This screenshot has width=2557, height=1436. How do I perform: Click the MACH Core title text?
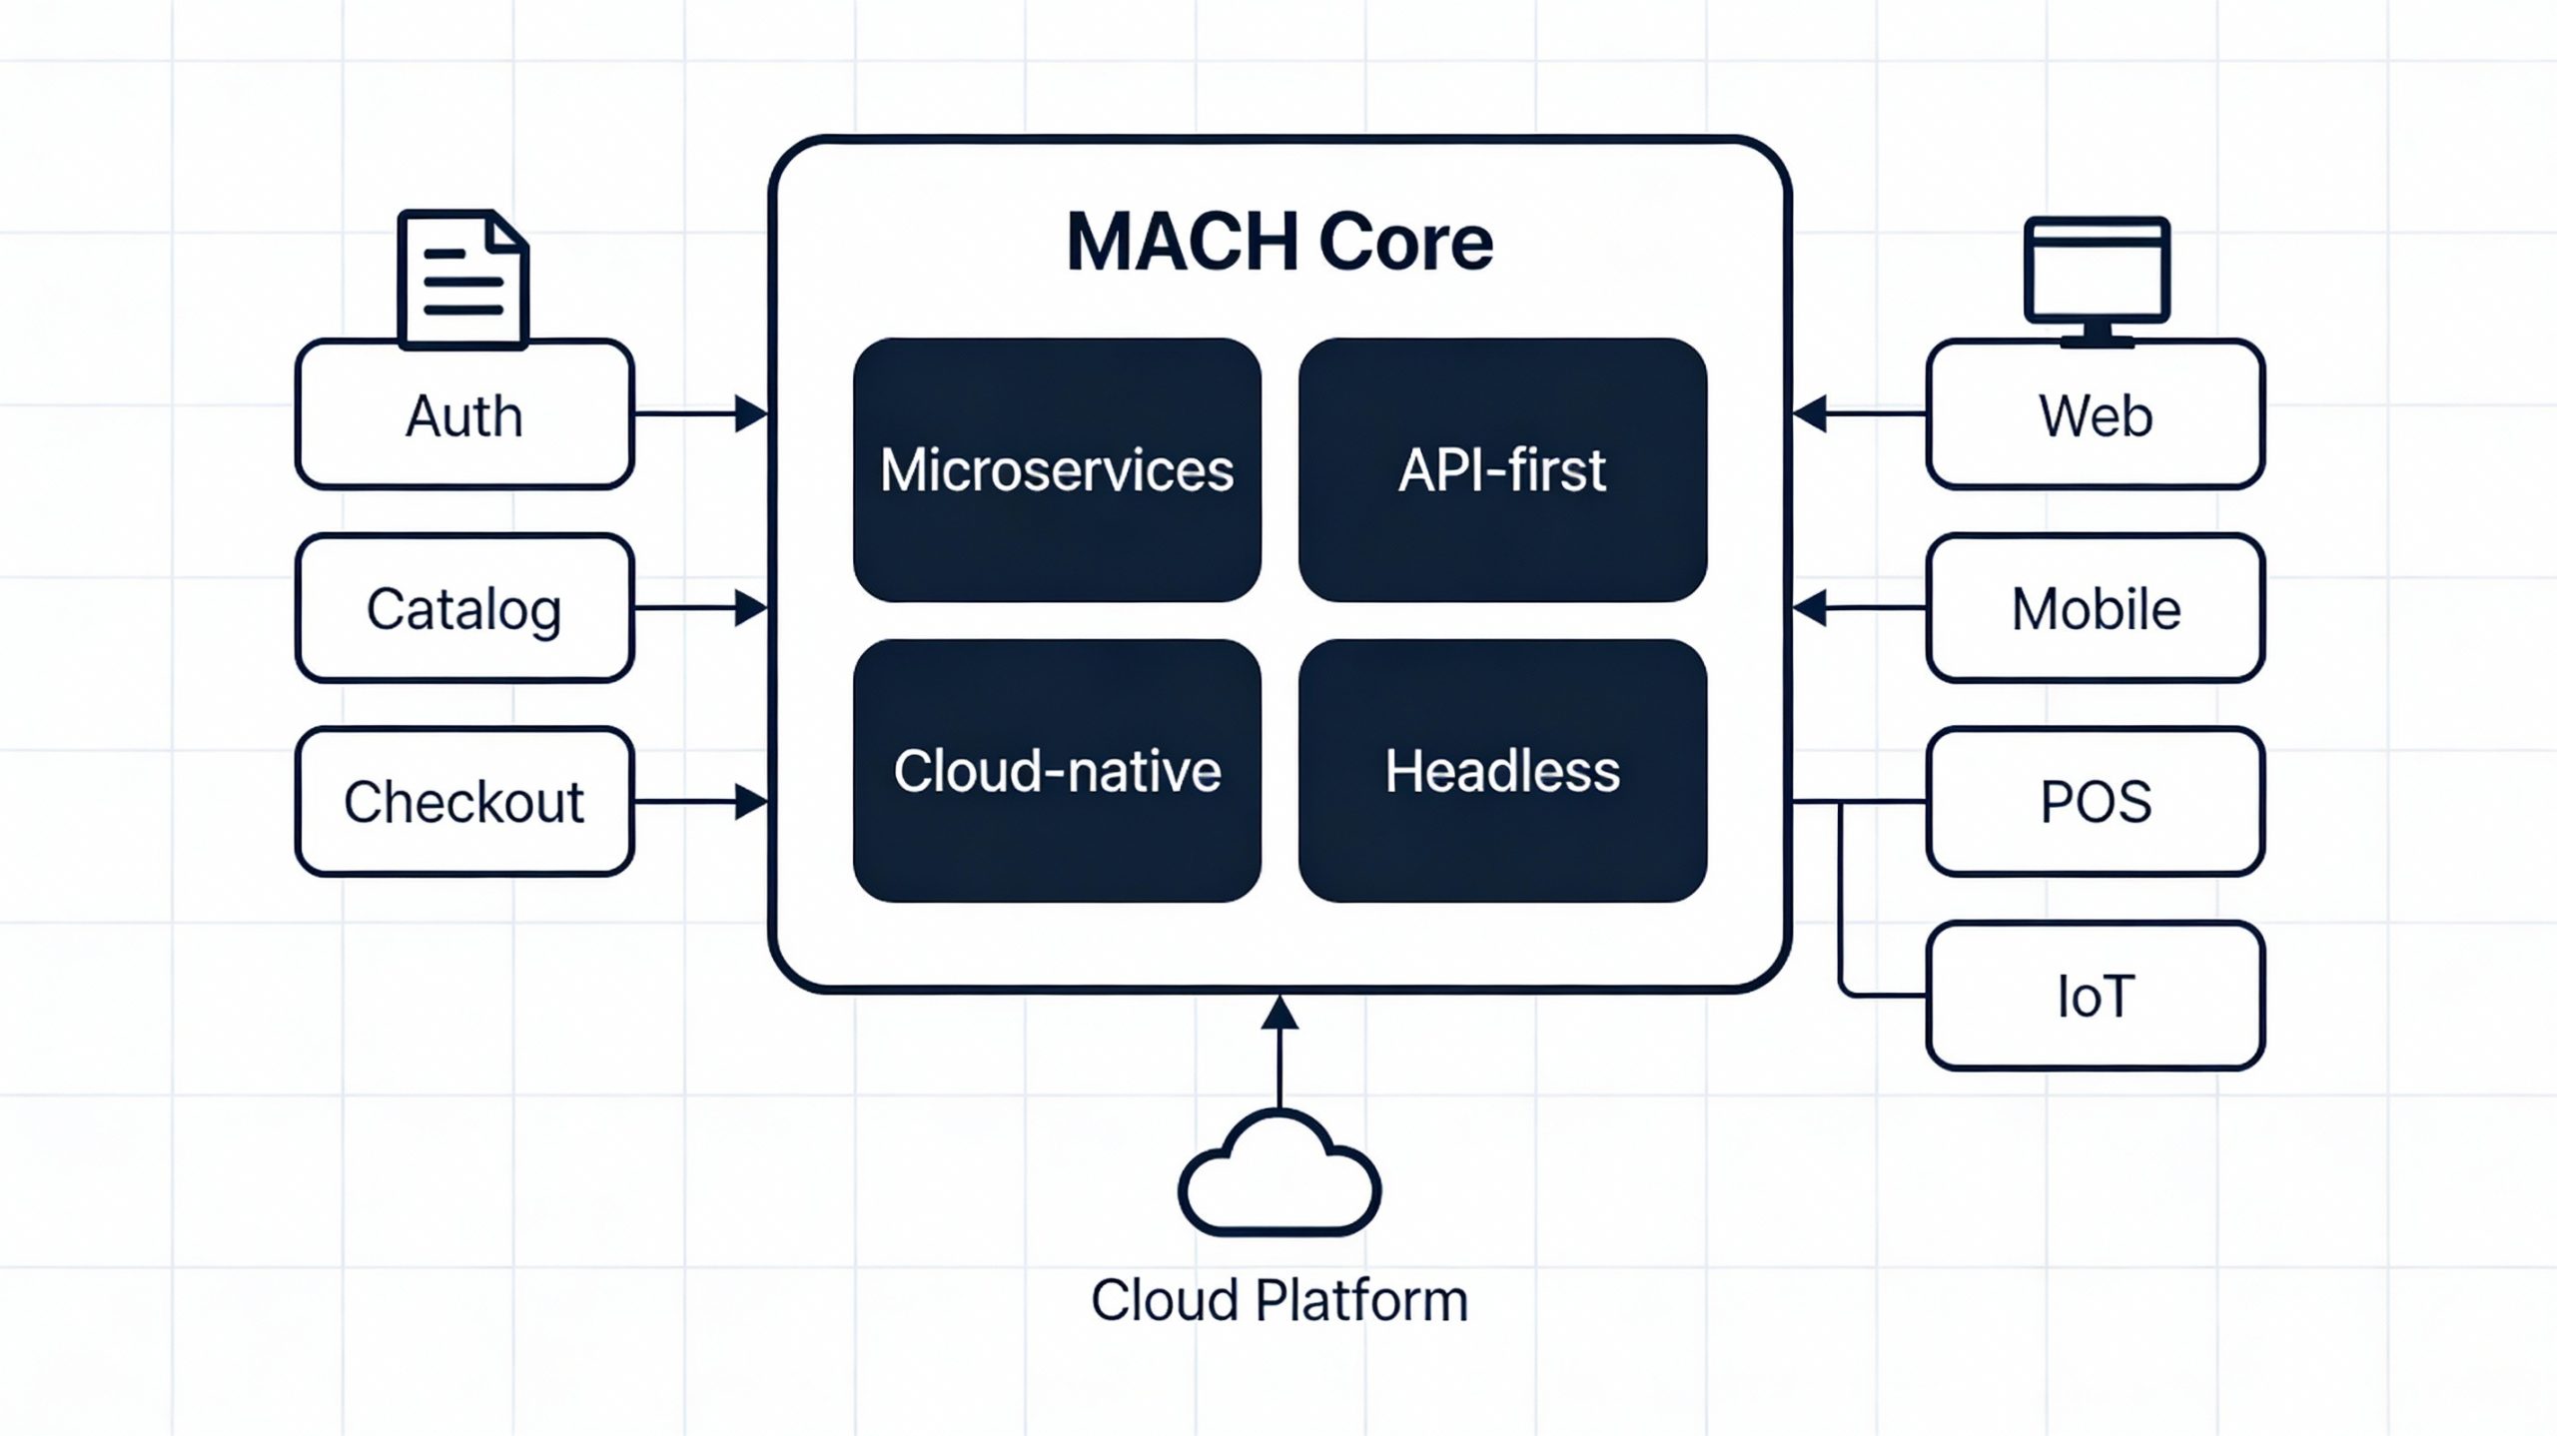click(1279, 242)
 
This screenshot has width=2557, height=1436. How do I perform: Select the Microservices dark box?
click(1057, 469)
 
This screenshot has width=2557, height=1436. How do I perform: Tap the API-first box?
click(1502, 469)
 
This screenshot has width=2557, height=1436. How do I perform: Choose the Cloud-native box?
click(1057, 771)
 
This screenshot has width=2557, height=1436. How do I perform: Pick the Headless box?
click(1502, 771)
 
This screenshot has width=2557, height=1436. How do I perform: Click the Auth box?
click(464, 414)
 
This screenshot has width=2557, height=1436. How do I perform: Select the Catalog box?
click(464, 608)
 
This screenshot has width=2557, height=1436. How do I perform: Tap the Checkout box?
click(464, 802)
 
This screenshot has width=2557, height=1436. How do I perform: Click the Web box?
click(2095, 414)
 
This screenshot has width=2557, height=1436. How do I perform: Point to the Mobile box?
click(2095, 608)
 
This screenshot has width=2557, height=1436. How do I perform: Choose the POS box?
click(2095, 802)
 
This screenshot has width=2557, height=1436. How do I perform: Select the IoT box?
click(2095, 996)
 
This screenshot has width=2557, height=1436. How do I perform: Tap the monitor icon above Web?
click(2097, 278)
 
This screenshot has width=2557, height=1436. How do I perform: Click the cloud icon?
click(1279, 1178)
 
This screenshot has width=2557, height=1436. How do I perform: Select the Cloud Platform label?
click(1279, 1300)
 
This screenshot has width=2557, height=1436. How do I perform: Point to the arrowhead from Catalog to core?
click(751, 608)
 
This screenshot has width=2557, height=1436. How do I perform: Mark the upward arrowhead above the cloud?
click(1279, 1013)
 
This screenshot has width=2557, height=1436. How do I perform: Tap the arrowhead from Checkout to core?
click(751, 802)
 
